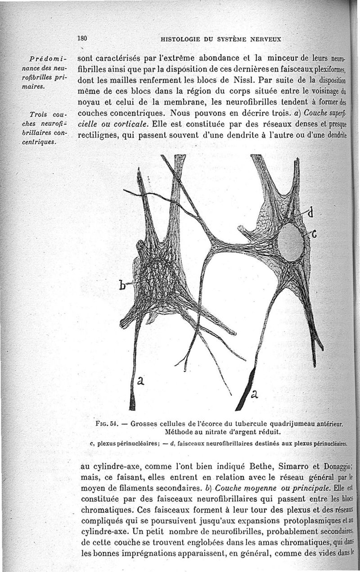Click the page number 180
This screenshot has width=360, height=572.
pyautogui.click(x=82, y=38)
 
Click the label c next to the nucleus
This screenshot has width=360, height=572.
pyautogui.click(x=314, y=234)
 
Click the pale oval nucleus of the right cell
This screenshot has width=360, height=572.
pyautogui.click(x=290, y=242)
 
